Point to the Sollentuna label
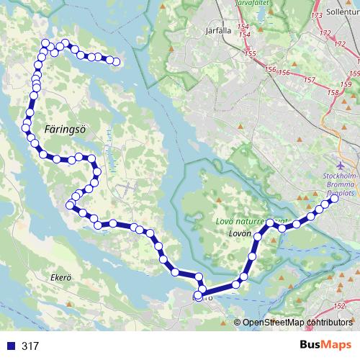click(x=342, y=13)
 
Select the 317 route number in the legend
click(x=30, y=346)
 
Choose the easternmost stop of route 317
click(x=334, y=201)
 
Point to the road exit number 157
click(x=310, y=78)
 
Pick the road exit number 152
click(x=341, y=308)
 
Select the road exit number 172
click(x=326, y=33)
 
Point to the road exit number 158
click(x=333, y=92)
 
